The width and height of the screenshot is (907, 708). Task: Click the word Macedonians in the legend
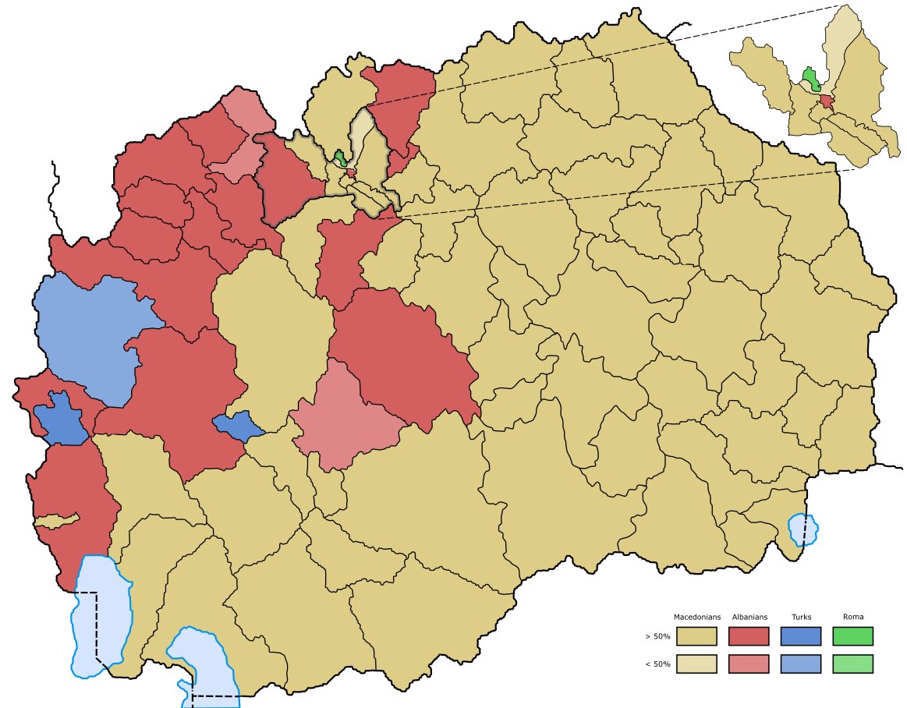[x=696, y=617]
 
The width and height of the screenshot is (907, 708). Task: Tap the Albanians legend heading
[x=749, y=617]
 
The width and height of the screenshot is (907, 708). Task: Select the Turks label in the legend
[x=801, y=617]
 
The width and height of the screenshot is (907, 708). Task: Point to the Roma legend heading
[x=853, y=617]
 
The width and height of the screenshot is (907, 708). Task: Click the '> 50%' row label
[x=657, y=637]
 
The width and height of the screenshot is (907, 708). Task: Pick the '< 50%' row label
[x=657, y=664]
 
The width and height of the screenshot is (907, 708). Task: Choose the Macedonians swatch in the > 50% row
[x=696, y=636]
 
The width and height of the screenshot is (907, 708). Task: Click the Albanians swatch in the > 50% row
[x=749, y=636]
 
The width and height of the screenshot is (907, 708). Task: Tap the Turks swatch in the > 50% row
[x=801, y=636]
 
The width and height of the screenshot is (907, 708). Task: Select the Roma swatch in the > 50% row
[x=853, y=636]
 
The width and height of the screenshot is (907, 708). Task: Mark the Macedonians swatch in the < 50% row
[x=696, y=664]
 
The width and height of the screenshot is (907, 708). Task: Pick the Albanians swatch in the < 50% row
[x=749, y=664]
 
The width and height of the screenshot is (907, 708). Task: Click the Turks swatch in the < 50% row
[x=801, y=664]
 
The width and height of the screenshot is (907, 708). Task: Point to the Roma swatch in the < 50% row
[x=853, y=664]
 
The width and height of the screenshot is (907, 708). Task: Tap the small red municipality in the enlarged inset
[x=827, y=101]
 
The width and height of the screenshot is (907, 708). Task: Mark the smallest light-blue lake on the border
[x=803, y=529]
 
